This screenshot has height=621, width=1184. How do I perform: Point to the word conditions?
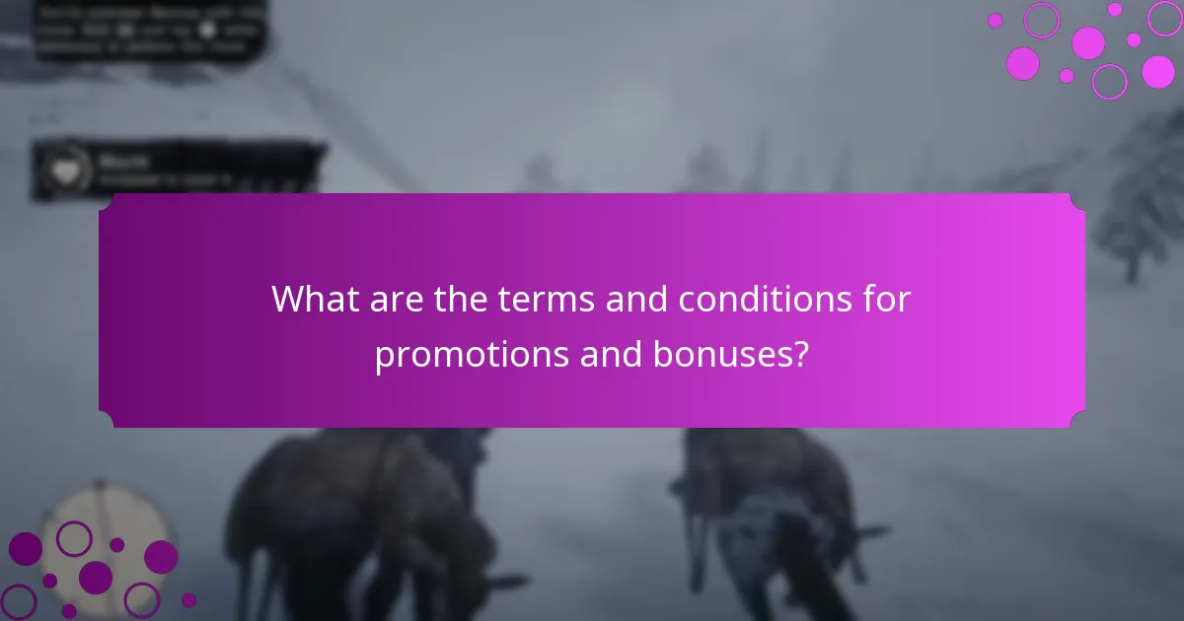coord(780,299)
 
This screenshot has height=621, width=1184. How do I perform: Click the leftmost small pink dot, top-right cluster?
coord(995,20)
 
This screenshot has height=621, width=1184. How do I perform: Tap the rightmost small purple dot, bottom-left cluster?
coord(188,599)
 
